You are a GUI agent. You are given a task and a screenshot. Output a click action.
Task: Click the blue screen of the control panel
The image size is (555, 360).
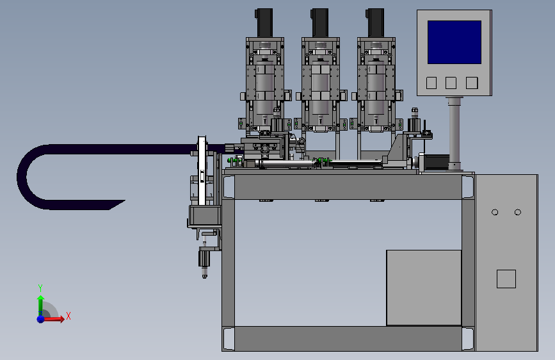(x=454, y=42)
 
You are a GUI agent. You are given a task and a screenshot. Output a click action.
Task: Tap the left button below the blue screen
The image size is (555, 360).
(x=431, y=83)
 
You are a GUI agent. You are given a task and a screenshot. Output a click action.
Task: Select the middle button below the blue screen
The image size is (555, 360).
(x=451, y=83)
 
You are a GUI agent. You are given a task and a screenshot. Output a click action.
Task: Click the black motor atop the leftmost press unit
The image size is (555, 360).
(x=264, y=23)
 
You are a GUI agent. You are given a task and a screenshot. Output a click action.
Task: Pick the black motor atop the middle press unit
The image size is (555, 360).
(x=319, y=23)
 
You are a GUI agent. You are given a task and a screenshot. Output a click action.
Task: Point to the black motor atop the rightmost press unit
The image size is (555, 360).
(x=375, y=23)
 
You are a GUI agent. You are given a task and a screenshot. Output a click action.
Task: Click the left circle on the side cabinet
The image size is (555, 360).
(x=495, y=212)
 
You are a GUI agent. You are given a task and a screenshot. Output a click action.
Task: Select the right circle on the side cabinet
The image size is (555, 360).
(x=517, y=212)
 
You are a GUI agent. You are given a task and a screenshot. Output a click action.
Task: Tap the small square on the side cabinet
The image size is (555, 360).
(x=506, y=279)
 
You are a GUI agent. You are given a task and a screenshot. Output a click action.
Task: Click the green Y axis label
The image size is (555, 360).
(x=40, y=288)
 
